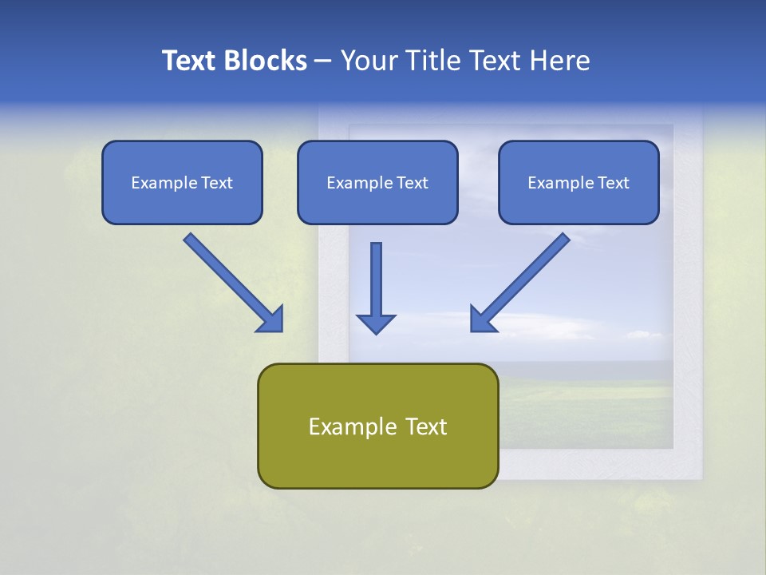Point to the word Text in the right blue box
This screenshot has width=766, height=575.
[613, 183]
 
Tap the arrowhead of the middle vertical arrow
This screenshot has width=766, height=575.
[376, 323]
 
